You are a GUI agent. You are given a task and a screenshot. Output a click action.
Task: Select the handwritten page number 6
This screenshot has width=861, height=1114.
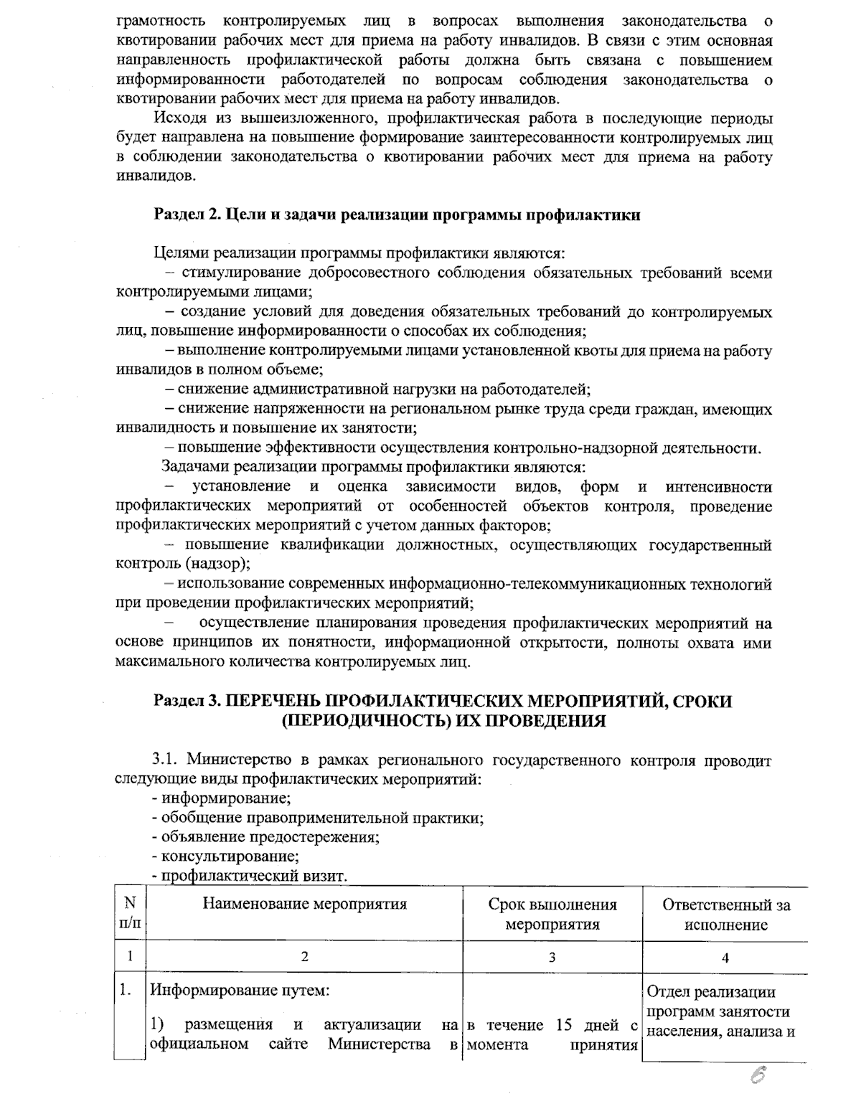pyautogui.click(x=758, y=1077)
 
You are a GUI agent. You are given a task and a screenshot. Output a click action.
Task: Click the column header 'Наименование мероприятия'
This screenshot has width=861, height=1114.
pyautogui.click(x=305, y=904)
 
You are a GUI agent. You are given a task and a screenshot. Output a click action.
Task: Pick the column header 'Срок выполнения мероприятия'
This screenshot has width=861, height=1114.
pyautogui.click(x=552, y=914)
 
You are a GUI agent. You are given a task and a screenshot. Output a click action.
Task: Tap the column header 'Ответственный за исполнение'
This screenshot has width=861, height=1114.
pyautogui.click(x=725, y=915)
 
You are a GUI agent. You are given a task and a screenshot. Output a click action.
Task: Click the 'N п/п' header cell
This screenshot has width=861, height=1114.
pyautogui.click(x=130, y=914)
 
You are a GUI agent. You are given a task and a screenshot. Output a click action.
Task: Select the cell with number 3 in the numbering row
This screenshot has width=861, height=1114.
pyautogui.click(x=552, y=957)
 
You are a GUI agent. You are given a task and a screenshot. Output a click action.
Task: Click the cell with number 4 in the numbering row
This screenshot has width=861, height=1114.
pyautogui.click(x=725, y=957)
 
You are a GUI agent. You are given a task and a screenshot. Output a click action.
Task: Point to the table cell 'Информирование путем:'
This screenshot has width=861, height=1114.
pyautogui.click(x=239, y=991)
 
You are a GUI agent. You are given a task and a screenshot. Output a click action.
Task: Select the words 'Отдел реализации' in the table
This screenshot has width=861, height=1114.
pyautogui.click(x=711, y=992)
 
